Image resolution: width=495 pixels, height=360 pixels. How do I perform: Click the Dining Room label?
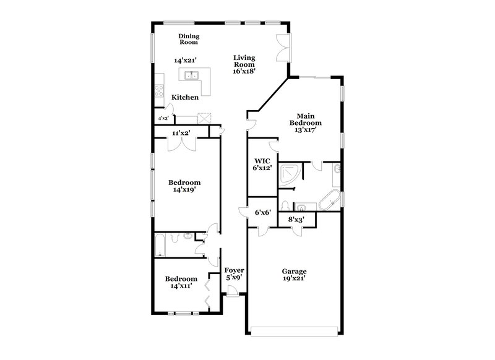pos(188,40)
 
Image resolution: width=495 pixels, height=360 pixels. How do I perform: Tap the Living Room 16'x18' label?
pos(244,64)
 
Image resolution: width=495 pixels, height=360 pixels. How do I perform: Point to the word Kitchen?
pos(185,98)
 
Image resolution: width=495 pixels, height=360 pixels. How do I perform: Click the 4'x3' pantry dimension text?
pos(163,118)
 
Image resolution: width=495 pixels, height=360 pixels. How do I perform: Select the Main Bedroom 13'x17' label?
pos(306,122)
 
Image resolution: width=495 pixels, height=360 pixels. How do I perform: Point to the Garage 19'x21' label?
pos(295,275)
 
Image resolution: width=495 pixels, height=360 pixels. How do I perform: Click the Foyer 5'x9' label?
pos(234,274)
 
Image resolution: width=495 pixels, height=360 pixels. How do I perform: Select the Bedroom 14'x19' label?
pos(185,186)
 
